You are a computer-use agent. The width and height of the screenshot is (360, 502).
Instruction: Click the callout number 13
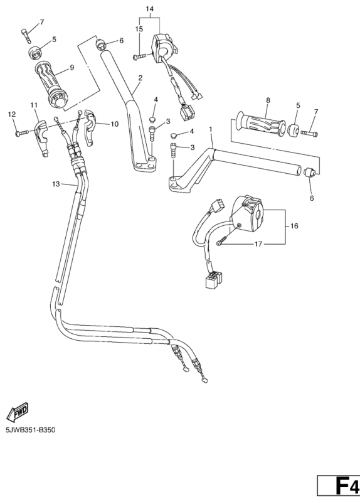56,184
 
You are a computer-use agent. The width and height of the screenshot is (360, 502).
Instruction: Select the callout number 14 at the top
149,9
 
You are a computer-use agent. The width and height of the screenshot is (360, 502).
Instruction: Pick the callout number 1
211,129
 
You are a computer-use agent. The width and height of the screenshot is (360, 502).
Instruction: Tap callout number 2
140,78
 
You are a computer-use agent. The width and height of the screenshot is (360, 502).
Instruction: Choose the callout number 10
114,124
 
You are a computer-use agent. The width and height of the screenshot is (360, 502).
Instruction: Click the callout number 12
11,114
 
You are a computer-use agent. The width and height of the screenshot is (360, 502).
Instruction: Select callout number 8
268,100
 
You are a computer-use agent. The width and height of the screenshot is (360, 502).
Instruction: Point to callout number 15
139,29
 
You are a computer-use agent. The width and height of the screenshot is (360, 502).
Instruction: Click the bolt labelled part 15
138,57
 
